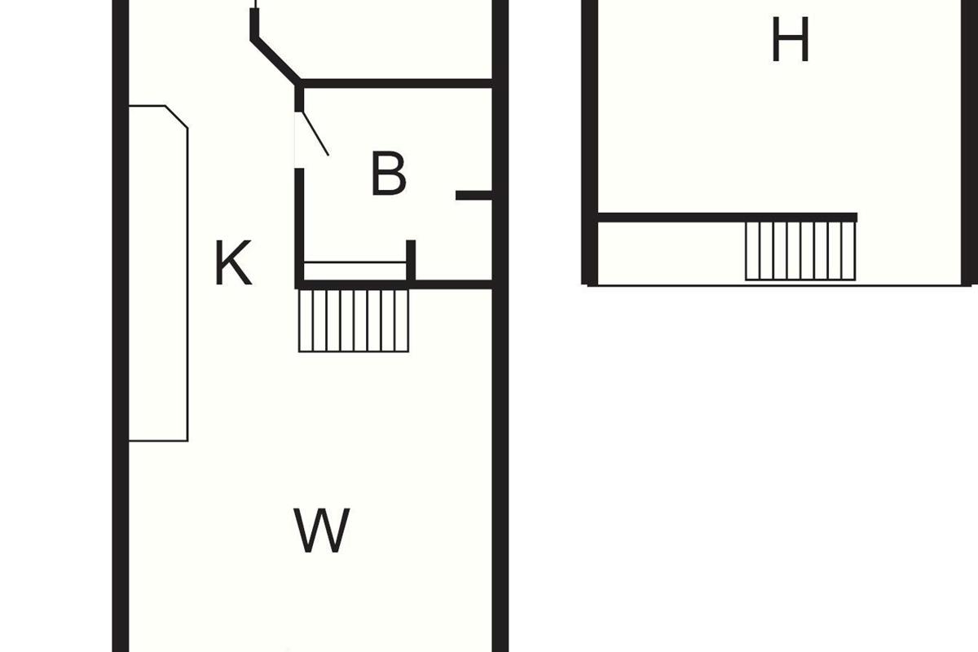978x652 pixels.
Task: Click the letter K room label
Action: pyautogui.click(x=234, y=263)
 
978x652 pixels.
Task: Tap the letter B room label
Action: pyautogui.click(x=389, y=174)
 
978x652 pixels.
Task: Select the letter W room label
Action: pyautogui.click(x=322, y=531)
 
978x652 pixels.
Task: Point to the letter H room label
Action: pyautogui.click(x=791, y=39)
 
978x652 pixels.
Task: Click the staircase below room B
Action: pyautogui.click(x=354, y=320)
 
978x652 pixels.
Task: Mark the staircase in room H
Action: pyautogui.click(x=800, y=251)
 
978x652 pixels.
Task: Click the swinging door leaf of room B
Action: pyautogui.click(x=315, y=133)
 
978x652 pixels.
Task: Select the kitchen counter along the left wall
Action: pyautogui.click(x=158, y=273)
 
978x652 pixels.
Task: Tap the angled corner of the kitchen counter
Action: pyautogui.click(x=176, y=117)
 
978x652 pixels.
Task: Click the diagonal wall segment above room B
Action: pyautogui.click(x=275, y=60)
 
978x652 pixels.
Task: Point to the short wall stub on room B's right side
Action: pyautogui.click(x=474, y=196)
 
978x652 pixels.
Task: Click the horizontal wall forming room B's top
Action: pyautogui.click(x=396, y=83)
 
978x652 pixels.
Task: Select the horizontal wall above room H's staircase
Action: pyautogui.click(x=727, y=218)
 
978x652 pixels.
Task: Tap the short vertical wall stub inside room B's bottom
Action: pyautogui.click(x=411, y=260)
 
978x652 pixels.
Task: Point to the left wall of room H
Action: pyautogui.click(x=590, y=143)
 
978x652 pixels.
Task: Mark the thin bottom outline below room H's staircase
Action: pyautogui.click(x=779, y=285)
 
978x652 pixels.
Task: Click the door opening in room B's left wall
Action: pyautogui.click(x=299, y=139)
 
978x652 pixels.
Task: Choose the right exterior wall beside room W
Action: pyautogui.click(x=500, y=470)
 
